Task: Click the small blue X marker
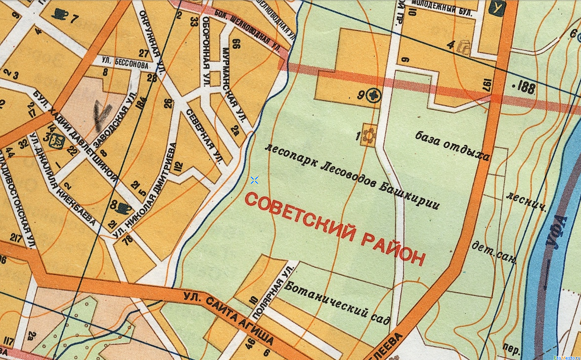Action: click(254, 180)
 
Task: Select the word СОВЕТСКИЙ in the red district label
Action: click(300, 217)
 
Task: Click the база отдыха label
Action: click(452, 146)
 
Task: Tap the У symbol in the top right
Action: click(496, 8)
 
